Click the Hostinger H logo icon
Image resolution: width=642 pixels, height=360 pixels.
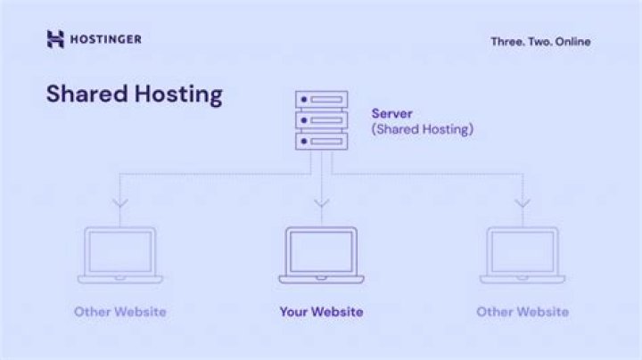coord(55,39)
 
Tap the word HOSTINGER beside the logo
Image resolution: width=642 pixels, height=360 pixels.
coord(105,39)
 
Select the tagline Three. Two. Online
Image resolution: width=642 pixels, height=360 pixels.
coord(540,42)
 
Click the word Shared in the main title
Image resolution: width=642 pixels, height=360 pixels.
coord(86,94)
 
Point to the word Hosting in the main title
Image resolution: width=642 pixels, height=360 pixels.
coord(178,95)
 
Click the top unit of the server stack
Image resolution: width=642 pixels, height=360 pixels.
coord(321,100)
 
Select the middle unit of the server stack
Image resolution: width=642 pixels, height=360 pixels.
coord(321,120)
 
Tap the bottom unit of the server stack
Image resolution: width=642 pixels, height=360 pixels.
coord(321,141)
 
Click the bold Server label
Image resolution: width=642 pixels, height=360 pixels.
coord(391,113)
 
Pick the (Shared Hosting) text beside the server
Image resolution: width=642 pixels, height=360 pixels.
coord(422,129)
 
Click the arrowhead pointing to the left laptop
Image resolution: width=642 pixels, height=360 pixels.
coord(120,203)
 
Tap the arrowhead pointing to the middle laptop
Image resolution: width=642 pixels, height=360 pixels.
coord(321,203)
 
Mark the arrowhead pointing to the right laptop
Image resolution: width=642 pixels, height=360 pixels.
coord(523,203)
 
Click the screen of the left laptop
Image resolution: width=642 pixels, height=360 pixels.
coord(120,251)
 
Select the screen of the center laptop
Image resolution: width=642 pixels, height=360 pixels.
coord(321,251)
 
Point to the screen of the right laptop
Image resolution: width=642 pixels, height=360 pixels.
coord(523,251)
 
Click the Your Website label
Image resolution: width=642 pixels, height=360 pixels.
coord(321,312)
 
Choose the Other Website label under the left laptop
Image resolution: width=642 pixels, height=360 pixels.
coord(120,312)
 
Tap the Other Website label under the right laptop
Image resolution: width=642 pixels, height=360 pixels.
coord(523,312)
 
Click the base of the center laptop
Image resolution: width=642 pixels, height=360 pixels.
coord(321,280)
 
